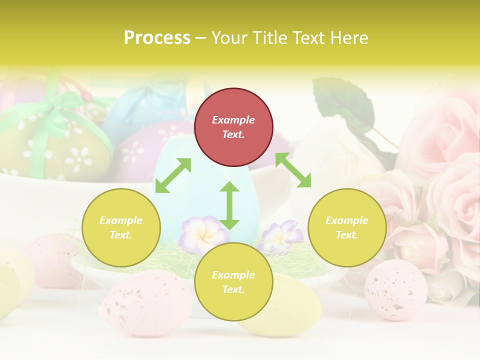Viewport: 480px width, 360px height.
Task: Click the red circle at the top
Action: (233, 127)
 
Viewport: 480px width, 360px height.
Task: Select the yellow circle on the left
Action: (121, 228)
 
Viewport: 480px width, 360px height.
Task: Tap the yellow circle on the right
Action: (347, 228)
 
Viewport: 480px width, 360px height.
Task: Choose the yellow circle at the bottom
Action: (233, 282)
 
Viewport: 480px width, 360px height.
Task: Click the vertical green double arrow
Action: (229, 205)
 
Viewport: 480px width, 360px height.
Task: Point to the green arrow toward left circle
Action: (173, 175)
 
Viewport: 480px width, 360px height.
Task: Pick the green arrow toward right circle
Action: (293, 170)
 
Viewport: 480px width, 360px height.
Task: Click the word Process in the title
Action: (157, 37)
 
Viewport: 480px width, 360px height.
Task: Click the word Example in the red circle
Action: (233, 120)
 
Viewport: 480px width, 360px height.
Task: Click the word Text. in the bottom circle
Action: (233, 289)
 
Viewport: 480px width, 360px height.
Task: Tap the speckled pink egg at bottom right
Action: (395, 290)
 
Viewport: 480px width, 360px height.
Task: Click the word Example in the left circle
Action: (121, 220)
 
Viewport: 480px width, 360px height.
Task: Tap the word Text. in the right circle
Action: (347, 235)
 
